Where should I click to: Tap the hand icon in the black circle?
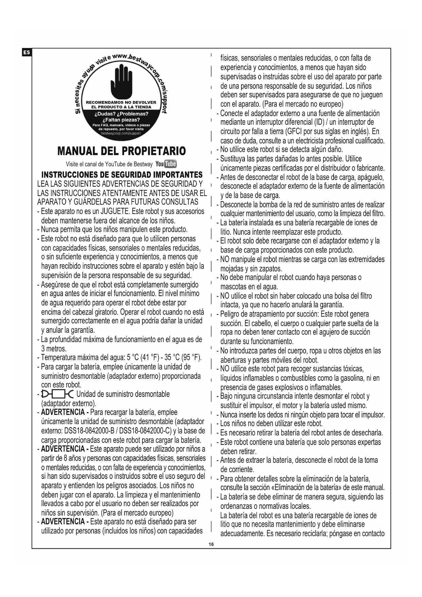[x=121, y=80]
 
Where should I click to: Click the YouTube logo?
[x=166, y=164]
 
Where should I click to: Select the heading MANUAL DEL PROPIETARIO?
[x=122, y=151]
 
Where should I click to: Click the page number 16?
[x=211, y=544]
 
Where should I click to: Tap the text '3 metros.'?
[x=54, y=349]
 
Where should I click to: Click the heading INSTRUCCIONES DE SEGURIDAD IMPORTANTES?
[x=122, y=175]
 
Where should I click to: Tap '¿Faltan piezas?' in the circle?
[x=121, y=120]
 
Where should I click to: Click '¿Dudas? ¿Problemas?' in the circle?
[x=121, y=114]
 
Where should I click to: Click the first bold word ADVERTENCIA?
[x=63, y=412]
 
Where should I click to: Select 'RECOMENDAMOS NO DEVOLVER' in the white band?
[x=121, y=102]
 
